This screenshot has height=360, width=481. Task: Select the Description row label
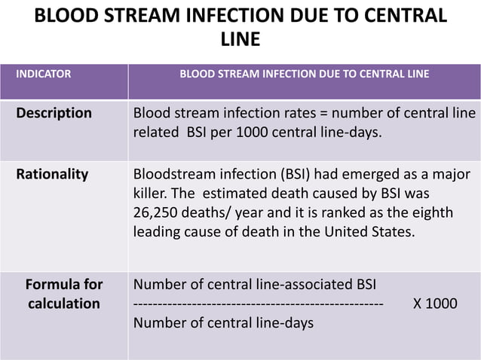[x=54, y=114]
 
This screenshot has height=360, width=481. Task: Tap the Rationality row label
[x=53, y=175]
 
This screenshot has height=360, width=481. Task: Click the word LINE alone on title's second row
[x=240, y=38]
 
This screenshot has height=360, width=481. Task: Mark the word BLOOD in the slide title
[x=70, y=15]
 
